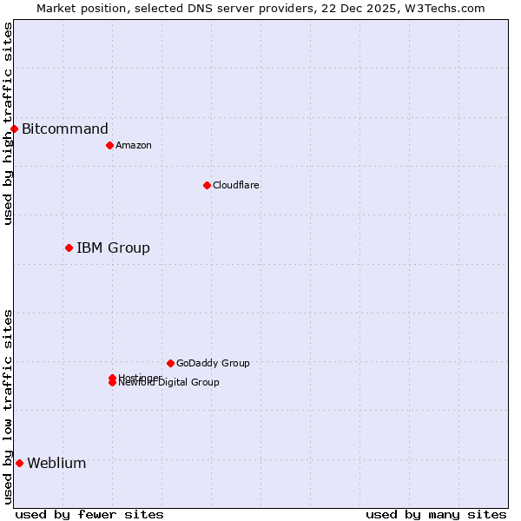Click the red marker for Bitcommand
(14, 129)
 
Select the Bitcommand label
(65, 129)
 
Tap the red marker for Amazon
(109, 145)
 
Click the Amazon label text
(134, 145)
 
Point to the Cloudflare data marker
(207, 185)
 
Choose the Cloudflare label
(236, 185)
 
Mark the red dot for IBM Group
(69, 248)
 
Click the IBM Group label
(113, 248)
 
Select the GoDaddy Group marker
(170, 363)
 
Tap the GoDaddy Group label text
(213, 363)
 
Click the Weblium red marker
(19, 463)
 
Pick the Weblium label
(56, 463)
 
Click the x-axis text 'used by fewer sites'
(89, 514)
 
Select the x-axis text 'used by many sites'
(436, 514)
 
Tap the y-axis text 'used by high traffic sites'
(8, 123)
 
